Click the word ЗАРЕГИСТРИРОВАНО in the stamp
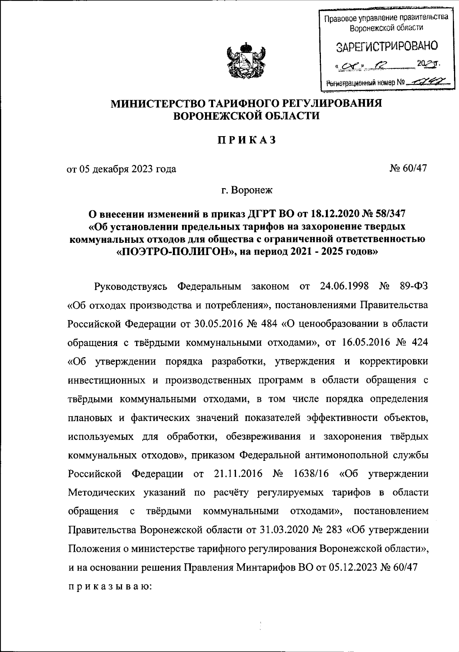click(x=387, y=48)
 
